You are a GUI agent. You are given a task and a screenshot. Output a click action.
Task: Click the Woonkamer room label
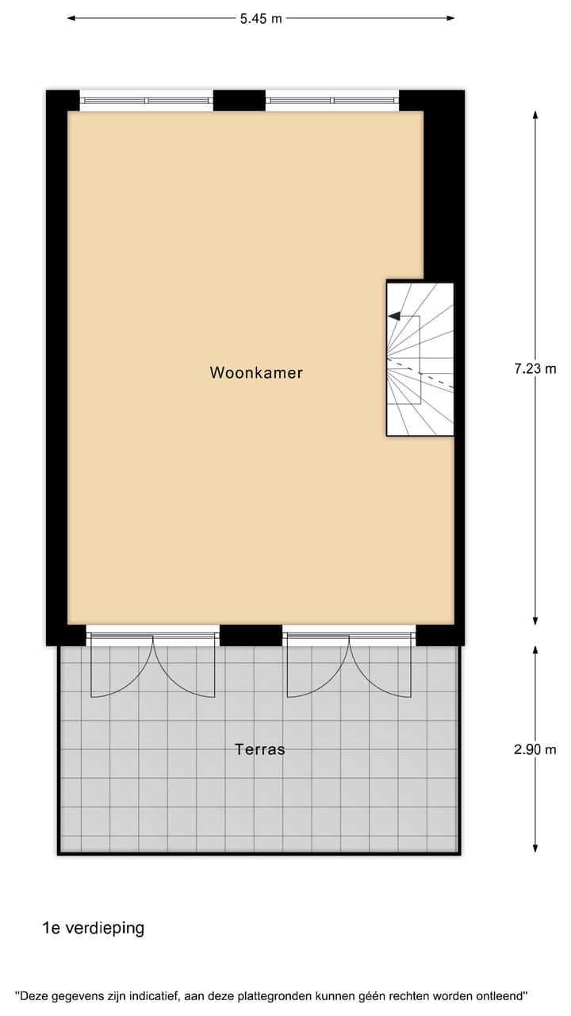255,372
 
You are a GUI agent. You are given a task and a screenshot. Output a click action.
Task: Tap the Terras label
259,749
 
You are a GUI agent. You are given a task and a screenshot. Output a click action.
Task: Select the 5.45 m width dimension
261,18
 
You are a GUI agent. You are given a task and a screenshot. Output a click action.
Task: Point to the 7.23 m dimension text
535,368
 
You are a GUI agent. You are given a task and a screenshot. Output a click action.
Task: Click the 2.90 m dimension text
535,749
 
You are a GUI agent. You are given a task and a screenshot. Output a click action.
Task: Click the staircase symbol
420,359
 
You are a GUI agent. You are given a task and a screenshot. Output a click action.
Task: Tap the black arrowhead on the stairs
393,316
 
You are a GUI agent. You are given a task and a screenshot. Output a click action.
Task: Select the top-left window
147,101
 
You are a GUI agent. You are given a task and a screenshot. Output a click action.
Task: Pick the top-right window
331,101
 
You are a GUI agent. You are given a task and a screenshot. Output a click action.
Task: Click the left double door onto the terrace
152,665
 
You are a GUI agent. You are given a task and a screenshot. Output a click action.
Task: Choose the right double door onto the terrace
349,665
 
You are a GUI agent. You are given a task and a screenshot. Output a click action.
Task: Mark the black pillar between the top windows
239,100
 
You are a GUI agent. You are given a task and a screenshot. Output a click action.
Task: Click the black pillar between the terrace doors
251,635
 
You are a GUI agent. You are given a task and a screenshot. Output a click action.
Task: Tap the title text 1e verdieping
94,928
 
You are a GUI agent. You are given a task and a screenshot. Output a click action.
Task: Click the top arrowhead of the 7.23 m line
535,115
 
